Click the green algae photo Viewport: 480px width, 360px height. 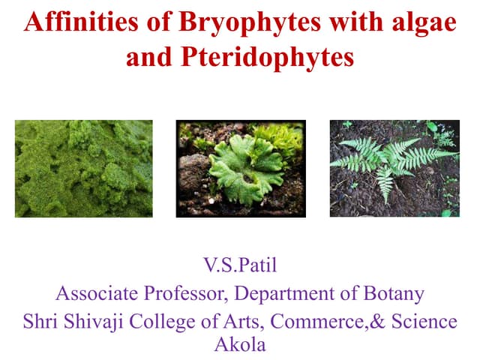[84, 169]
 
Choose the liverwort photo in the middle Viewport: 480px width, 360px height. [241, 169]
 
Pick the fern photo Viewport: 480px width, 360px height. [394, 169]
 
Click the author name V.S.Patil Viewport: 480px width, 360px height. [240, 266]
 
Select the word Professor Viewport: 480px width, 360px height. [189, 293]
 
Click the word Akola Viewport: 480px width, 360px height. [240, 346]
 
